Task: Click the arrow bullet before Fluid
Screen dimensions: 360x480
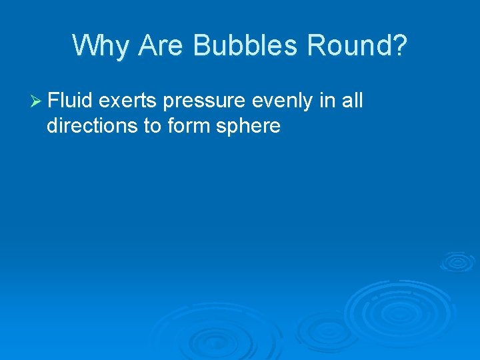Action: point(37,101)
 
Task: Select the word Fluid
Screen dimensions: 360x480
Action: point(70,101)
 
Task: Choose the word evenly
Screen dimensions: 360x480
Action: point(283,102)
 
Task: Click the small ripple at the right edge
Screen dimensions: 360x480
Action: point(458,261)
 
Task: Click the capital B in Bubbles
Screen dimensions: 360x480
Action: point(202,45)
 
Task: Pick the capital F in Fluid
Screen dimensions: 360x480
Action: point(53,101)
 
